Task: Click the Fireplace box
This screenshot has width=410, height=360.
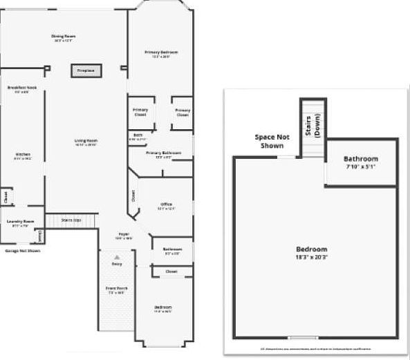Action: point(86,70)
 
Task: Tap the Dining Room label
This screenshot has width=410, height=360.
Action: point(63,37)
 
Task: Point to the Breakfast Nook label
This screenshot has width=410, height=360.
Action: point(21,89)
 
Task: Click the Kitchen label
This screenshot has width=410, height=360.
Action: point(23,155)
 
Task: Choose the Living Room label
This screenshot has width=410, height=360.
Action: point(86,142)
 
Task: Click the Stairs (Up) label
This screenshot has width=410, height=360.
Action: point(71,220)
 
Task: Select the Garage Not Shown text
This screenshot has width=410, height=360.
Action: point(23,251)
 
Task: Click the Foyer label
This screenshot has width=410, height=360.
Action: point(124,236)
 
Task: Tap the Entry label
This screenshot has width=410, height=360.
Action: point(116,264)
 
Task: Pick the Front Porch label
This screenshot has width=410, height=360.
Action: point(115,290)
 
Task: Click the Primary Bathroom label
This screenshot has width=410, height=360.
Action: point(163,153)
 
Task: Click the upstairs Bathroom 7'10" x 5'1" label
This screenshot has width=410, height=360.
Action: point(361,163)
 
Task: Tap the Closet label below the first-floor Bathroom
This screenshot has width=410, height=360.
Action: point(171,272)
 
